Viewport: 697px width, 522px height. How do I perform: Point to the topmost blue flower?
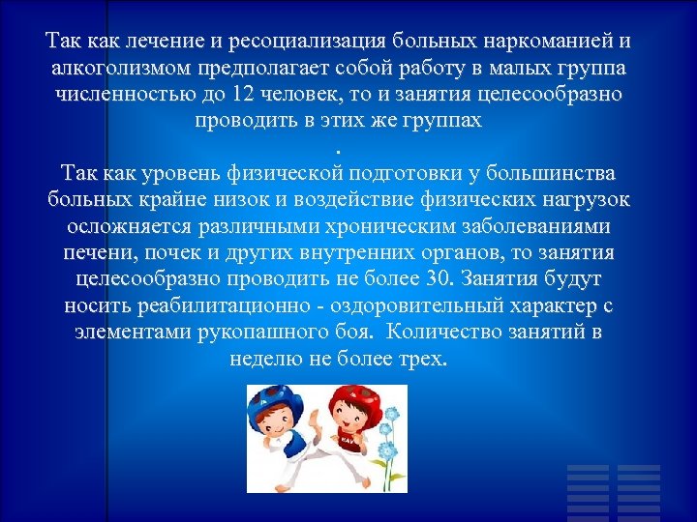coord(390,414)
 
